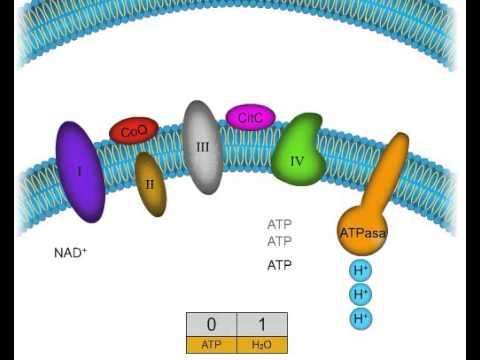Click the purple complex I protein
tap(80, 172)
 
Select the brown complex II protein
tap(151, 185)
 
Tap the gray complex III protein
tap(202, 147)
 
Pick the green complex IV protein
tap(299, 152)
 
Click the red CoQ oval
tap(134, 131)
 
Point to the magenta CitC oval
tap(250, 118)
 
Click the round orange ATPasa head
tap(362, 231)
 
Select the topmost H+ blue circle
tap(361, 270)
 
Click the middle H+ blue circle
tap(361, 294)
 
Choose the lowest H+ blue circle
tap(361, 318)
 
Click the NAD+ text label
tap(70, 253)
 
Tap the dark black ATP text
tap(279, 266)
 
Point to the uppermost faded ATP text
tap(279, 225)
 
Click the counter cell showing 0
tap(211, 325)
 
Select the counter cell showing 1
tap(262, 325)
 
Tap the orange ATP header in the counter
tap(211, 345)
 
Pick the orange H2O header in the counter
tap(262, 345)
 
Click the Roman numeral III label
tap(203, 147)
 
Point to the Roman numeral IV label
tap(297, 160)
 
